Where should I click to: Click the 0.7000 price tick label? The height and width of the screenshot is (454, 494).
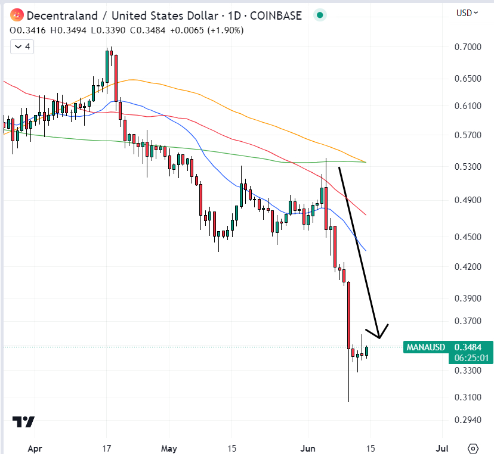467,47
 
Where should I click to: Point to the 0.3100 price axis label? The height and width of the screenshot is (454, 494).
467,397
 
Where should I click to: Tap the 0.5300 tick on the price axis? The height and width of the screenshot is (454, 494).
467,167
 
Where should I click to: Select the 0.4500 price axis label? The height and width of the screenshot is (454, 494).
467,237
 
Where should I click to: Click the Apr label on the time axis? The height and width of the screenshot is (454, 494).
35,448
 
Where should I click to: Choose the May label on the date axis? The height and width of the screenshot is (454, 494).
169,448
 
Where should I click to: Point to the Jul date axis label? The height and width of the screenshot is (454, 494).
443,448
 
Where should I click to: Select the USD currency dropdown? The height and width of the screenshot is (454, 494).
467,13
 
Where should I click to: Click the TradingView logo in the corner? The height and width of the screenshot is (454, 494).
24,422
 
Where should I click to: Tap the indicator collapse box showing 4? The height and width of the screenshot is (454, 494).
23,46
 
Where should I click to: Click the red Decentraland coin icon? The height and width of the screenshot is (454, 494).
17,15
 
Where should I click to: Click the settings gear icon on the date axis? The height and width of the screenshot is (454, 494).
474,448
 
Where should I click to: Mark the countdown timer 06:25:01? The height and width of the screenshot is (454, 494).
471,358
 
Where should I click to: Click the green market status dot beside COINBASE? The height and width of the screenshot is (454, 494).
320,15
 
